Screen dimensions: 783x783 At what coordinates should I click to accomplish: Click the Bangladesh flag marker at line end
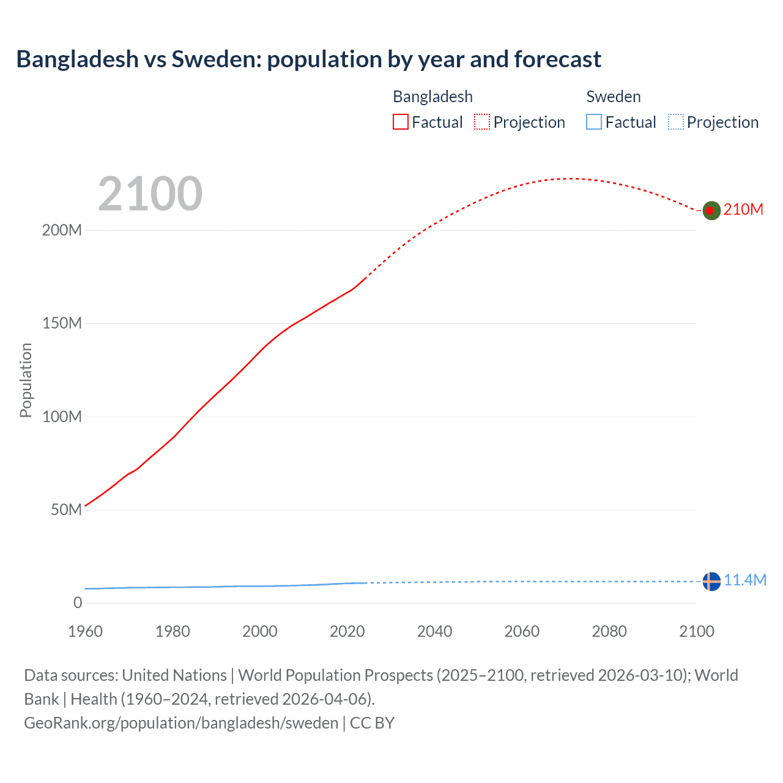(711, 210)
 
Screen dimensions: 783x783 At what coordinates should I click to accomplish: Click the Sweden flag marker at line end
(711, 581)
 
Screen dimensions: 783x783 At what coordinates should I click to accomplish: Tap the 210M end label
(743, 210)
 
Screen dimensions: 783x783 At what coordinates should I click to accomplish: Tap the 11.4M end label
(745, 581)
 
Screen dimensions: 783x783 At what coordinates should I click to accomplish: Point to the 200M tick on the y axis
(62, 231)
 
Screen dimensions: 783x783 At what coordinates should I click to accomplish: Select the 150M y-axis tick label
(62, 324)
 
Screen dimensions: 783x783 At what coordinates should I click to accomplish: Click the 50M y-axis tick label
(66, 510)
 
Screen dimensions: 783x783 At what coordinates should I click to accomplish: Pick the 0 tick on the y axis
(78, 603)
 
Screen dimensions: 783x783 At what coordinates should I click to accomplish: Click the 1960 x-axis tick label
(85, 631)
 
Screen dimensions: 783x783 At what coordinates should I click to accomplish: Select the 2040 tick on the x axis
(434, 631)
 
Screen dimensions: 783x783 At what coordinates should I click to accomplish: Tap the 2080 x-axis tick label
(609, 631)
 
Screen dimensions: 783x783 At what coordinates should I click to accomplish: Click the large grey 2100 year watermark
(150, 194)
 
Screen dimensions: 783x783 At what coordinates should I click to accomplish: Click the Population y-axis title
(26, 380)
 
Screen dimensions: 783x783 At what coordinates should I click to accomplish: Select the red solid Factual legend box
(401, 122)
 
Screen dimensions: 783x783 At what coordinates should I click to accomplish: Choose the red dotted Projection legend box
(482, 122)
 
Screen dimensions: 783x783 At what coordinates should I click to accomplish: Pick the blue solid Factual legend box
(594, 122)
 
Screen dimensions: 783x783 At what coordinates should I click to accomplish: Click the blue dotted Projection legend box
(676, 122)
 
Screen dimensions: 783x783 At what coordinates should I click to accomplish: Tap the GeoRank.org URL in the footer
(181, 723)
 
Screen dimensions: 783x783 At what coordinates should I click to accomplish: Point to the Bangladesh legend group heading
(432, 97)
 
